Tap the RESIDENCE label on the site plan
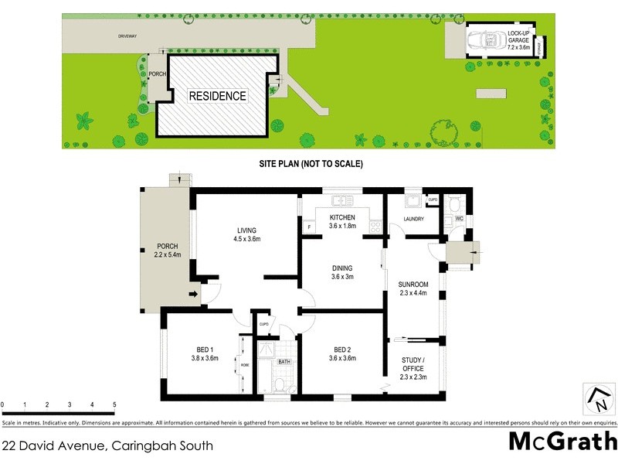[218, 97]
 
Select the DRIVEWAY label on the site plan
[127, 36]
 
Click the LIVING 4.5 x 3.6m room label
[247, 234]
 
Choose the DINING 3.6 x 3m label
[341, 272]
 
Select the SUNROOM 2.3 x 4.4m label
[413, 288]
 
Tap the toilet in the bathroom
[280, 382]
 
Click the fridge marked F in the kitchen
[308, 227]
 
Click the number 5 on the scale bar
[114, 404]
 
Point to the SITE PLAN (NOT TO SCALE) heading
[311, 164]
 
